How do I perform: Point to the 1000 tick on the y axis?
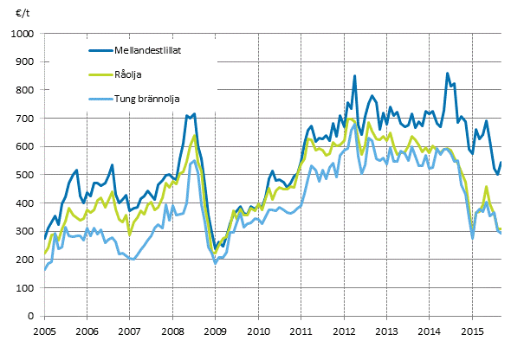point(23,34)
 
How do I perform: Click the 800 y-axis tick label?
point(25,90)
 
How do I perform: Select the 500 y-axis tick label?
point(25,175)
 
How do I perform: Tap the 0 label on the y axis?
point(30,317)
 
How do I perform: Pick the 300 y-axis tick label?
point(25,232)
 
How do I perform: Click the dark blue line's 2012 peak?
point(355,76)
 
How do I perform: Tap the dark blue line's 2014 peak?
point(447,74)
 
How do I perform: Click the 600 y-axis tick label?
point(25,147)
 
